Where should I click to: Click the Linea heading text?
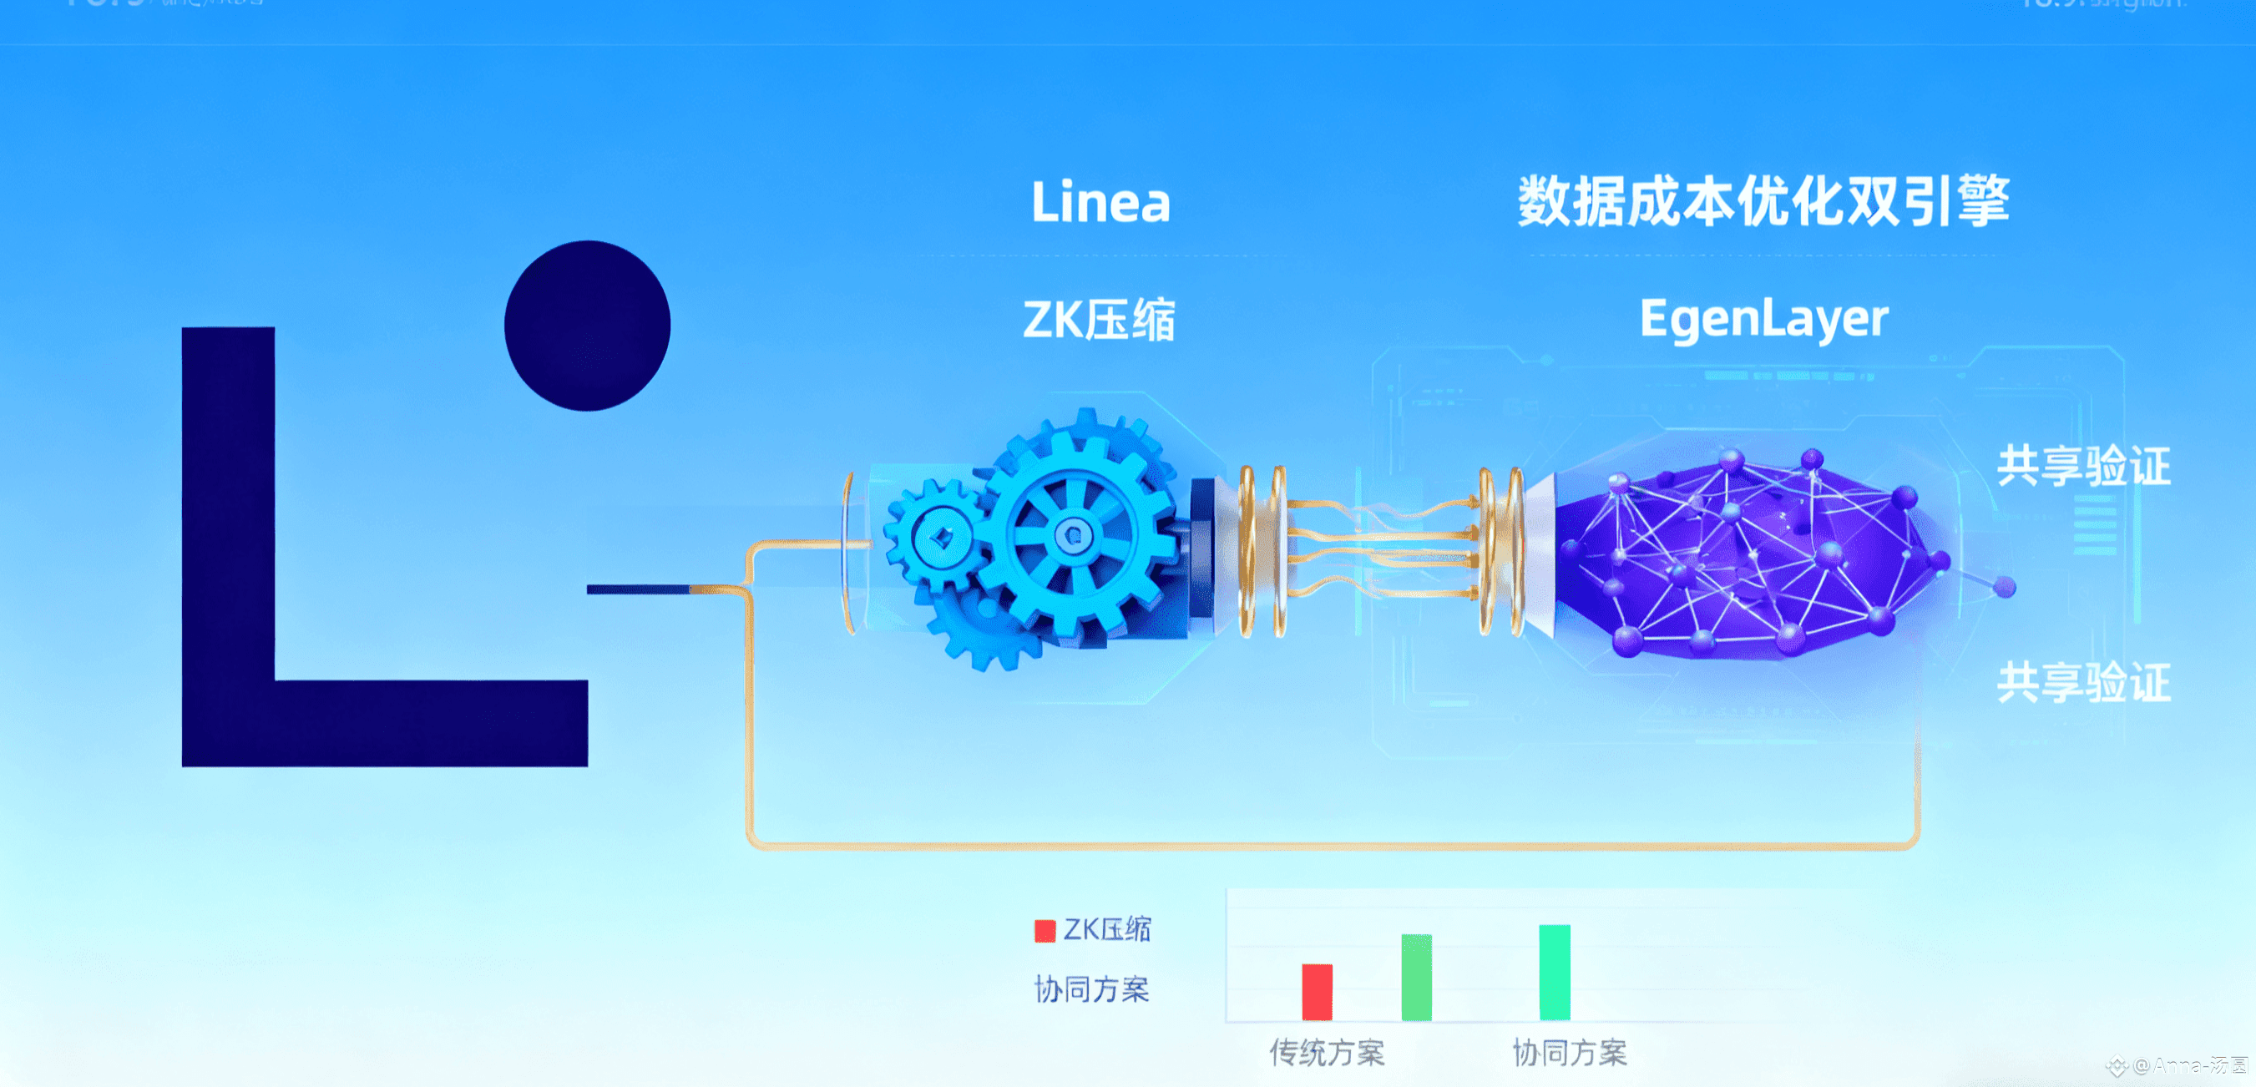pyautogui.click(x=1100, y=202)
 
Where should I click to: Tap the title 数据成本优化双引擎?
pyautogui.click(x=1762, y=201)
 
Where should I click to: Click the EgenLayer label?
pyautogui.click(x=1763, y=319)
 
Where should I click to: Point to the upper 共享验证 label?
pyautogui.click(x=2082, y=465)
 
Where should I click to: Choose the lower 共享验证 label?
pyautogui.click(x=2082, y=682)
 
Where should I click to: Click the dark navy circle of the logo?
pyautogui.click(x=587, y=326)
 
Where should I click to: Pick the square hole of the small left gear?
pyautogui.click(x=941, y=537)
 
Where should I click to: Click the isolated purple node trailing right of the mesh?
pyautogui.click(x=2004, y=587)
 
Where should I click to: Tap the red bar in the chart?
pyautogui.click(x=1317, y=992)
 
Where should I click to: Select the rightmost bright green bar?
pyautogui.click(x=1554, y=973)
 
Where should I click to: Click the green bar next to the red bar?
pyautogui.click(x=1416, y=977)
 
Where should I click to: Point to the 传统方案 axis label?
pyautogui.click(x=1327, y=1052)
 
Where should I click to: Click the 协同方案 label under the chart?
pyautogui.click(x=1569, y=1052)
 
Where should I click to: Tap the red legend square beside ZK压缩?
pyautogui.click(x=1044, y=930)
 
